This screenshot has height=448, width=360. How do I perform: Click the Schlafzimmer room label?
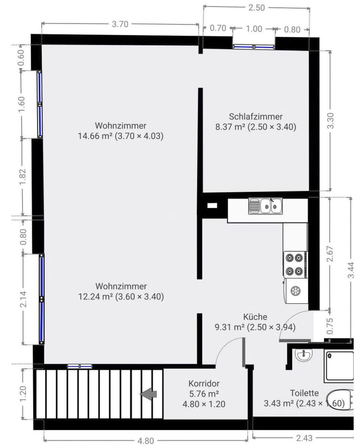tap(256, 116)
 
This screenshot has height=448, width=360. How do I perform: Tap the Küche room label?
tap(255, 317)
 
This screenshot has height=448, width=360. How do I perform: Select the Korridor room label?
tap(204, 384)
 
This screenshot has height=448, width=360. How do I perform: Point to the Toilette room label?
tap(304, 393)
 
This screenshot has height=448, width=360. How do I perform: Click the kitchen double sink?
tap(265, 206)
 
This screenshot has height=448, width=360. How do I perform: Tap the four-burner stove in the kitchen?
tap(294, 264)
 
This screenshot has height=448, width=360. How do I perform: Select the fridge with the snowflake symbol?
tap(295, 291)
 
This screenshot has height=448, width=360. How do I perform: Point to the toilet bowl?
tap(340, 400)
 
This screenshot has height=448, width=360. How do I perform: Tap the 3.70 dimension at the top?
tap(120, 24)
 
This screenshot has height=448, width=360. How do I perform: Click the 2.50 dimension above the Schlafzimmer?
tap(256, 8)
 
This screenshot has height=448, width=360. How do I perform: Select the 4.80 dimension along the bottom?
tap(146, 441)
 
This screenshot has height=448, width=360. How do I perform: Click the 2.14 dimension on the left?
tap(23, 299)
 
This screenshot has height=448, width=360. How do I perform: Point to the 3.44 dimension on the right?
tap(351, 270)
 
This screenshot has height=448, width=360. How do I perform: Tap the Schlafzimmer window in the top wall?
tap(253, 47)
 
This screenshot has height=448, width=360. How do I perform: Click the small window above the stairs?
tap(80, 366)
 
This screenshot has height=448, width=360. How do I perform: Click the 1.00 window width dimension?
tap(254, 29)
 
